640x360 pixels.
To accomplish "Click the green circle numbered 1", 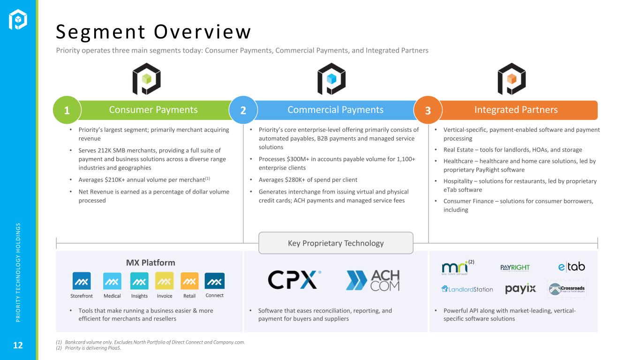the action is (67, 110).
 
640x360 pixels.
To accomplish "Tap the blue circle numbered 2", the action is (243, 110).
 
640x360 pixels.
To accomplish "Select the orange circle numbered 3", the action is (428, 110).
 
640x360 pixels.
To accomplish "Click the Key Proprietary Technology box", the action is (336, 243).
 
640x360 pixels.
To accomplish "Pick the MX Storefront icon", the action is (82, 281).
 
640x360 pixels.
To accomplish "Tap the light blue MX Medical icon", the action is (112, 281).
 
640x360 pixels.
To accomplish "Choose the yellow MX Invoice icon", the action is (164, 281).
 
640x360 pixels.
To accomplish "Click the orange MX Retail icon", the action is (189, 281).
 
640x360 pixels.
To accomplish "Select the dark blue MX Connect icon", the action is (215, 281).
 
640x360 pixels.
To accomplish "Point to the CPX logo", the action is (294, 280).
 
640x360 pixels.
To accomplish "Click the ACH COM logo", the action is (373, 280).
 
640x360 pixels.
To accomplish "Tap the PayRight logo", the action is (515, 268).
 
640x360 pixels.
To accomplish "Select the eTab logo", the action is (572, 267).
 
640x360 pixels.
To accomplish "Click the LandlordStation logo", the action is (467, 289).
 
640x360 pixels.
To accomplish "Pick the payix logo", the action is (520, 289).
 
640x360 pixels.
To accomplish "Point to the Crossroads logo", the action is (567, 289).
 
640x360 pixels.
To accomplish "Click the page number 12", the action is (18, 345).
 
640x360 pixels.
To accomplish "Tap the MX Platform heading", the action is (151, 262).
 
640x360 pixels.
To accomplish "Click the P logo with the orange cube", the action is (512, 79).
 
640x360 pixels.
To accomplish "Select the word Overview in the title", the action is (203, 31).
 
